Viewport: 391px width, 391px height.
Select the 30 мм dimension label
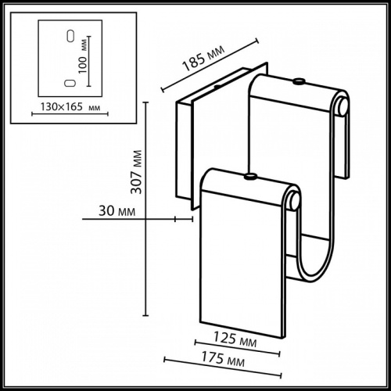click(116, 210)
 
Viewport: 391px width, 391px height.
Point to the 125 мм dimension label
click(236, 339)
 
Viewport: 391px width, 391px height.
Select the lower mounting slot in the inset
click(70, 81)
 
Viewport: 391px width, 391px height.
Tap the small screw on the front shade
click(250, 177)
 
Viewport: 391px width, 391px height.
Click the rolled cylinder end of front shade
click(292, 202)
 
